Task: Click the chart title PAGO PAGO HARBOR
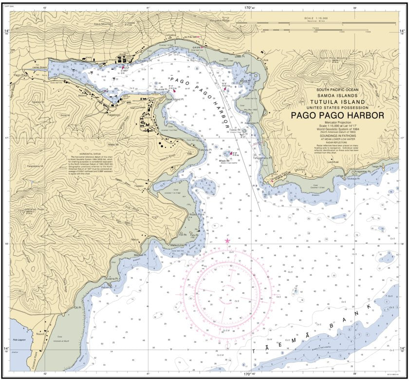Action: (337, 115)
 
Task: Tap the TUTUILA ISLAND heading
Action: (337, 102)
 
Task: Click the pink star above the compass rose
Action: (227, 241)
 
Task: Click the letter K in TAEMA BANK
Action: (372, 306)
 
